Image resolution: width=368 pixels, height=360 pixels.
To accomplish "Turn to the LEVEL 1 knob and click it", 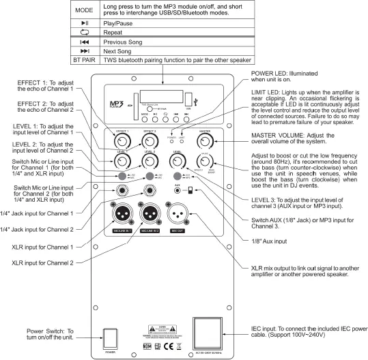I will [x=122, y=161].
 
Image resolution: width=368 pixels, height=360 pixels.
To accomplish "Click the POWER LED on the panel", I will [x=171, y=134].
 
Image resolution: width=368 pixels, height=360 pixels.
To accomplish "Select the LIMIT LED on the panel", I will [x=182, y=134].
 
